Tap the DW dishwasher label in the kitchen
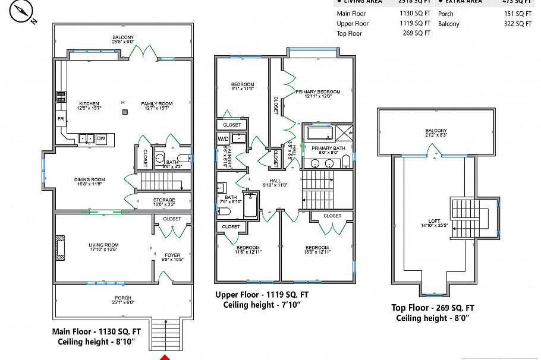tap(101, 138)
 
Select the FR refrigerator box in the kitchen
tap(60, 119)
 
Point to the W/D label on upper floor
tap(223, 138)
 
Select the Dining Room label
tap(89, 181)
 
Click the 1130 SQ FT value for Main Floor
tap(415, 14)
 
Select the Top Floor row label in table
tap(350, 34)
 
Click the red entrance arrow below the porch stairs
tap(165, 357)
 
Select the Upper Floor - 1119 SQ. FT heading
tap(262, 295)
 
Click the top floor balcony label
tap(436, 132)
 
